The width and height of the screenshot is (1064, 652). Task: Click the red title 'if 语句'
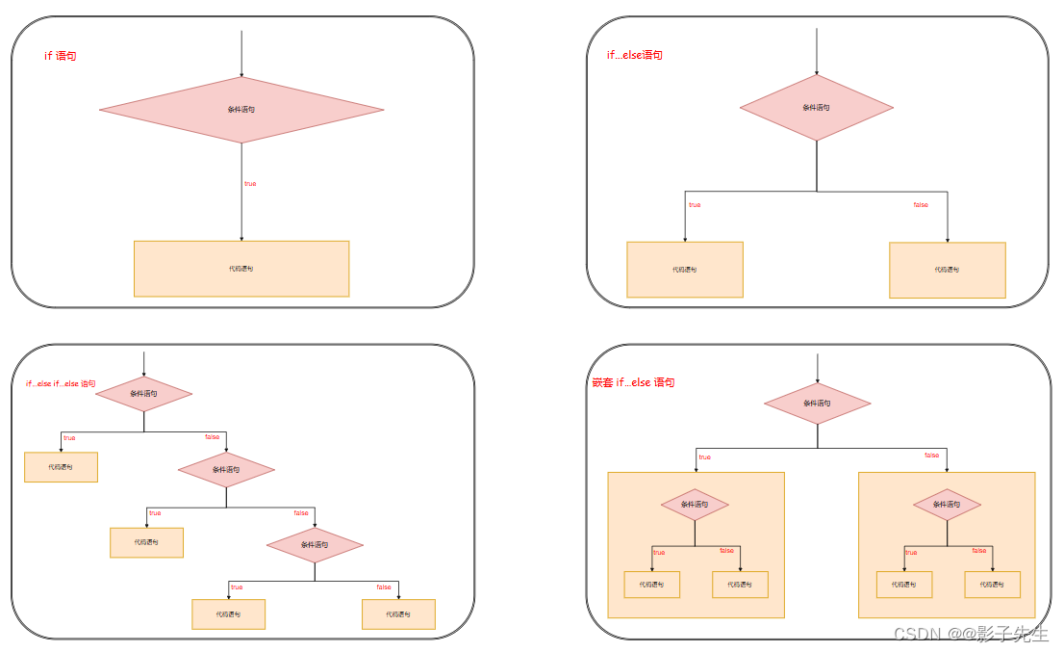pos(61,57)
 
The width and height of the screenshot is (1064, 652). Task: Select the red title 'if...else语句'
pos(634,55)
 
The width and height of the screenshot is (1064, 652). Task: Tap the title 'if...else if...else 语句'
pos(61,384)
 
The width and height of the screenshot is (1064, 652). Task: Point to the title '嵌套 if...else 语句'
pos(633,383)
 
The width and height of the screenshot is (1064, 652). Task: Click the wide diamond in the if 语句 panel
pos(241,110)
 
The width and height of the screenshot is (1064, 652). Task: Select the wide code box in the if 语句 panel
pos(241,269)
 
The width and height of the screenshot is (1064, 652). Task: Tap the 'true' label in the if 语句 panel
pos(250,183)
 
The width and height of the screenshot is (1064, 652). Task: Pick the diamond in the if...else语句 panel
pos(817,108)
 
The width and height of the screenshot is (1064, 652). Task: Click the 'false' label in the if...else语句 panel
pos(921,205)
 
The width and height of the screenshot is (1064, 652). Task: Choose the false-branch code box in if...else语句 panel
pos(948,270)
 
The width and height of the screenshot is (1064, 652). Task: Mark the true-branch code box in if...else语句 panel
pos(685,270)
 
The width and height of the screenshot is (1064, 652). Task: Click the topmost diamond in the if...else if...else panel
pos(143,394)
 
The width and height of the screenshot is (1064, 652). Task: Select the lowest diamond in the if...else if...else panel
pos(315,545)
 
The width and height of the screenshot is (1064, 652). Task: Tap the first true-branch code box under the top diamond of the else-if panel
pos(61,467)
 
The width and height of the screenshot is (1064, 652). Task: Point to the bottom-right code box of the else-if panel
pos(398,614)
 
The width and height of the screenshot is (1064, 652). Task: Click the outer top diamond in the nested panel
pos(818,404)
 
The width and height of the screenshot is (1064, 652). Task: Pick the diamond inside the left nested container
pos(695,505)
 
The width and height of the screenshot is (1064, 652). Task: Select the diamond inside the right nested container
pos(947,505)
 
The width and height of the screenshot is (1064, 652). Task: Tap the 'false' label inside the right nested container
pos(979,551)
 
